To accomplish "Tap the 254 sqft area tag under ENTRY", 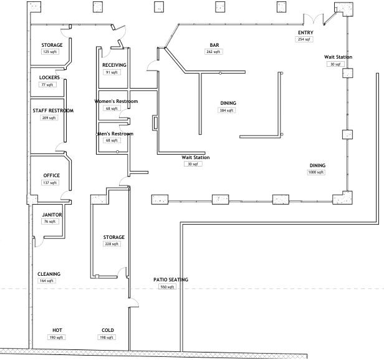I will pos(304,39).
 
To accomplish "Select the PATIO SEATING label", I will pos(170,280).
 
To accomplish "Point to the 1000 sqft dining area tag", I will pos(317,172).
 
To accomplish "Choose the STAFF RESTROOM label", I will pos(53,110).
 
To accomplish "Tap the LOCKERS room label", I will pos(49,77).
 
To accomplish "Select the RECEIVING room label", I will pos(114,65).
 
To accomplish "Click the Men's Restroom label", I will pos(115,134).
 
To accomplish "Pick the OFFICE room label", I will pos(51,175).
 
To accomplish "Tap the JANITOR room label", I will pos(52,215).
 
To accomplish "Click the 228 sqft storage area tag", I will pos(114,244).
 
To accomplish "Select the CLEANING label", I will pos(49,274).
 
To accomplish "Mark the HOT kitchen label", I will pos(57,330).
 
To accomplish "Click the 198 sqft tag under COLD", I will pos(107,337).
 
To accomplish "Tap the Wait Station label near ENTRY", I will pos(337,57).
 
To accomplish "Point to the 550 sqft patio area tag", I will pos(167,287).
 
